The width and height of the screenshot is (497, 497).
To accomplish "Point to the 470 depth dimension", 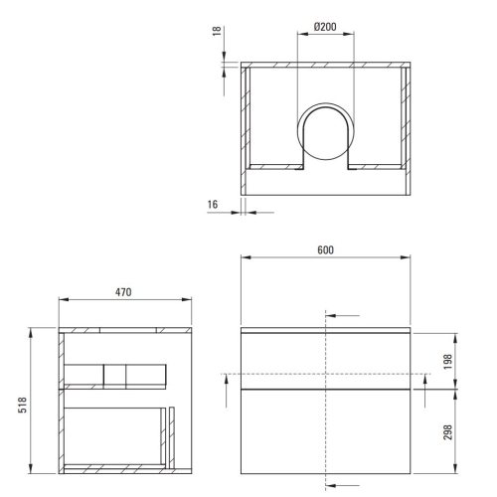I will pyautogui.click(x=122, y=292).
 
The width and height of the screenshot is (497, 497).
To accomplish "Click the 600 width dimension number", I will pyautogui.click(x=325, y=248).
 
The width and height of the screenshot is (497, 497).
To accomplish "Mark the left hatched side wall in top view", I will pyautogui.click(x=246, y=124).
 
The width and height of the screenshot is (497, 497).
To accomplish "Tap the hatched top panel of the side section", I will pyautogui.click(x=124, y=328).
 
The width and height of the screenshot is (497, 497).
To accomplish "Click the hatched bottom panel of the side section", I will pyautogui.click(x=124, y=466).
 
